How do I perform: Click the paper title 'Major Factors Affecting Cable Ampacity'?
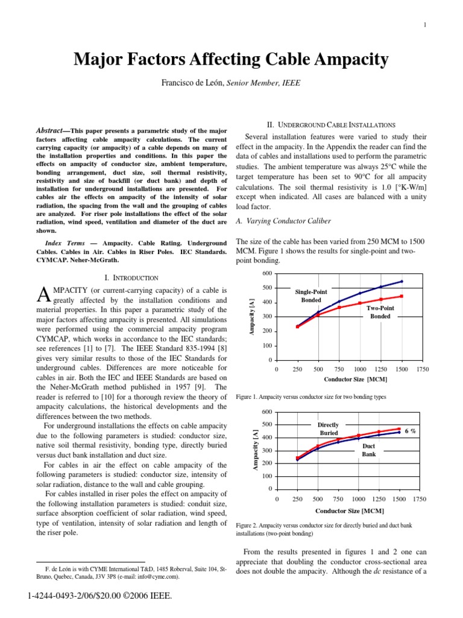point(231,60)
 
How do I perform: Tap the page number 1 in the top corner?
point(425,25)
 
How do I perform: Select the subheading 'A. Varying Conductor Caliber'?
point(283,221)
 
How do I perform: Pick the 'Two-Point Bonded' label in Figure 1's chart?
point(380,312)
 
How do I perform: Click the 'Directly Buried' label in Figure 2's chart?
point(329,429)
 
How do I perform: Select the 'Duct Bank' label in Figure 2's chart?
point(369,450)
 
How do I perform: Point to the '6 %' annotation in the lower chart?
point(410,431)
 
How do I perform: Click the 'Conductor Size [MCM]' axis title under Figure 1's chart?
point(355,380)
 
